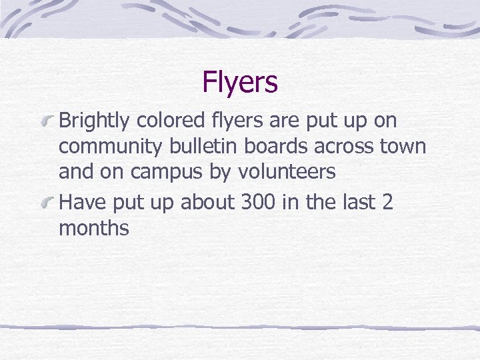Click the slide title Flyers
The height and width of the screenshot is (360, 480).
coord(240,83)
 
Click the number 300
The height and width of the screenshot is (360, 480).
coord(257,202)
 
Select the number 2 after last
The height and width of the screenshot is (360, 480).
coord(387,202)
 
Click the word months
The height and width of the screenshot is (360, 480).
coord(94,228)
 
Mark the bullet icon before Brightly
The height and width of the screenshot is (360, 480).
coord(47,121)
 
